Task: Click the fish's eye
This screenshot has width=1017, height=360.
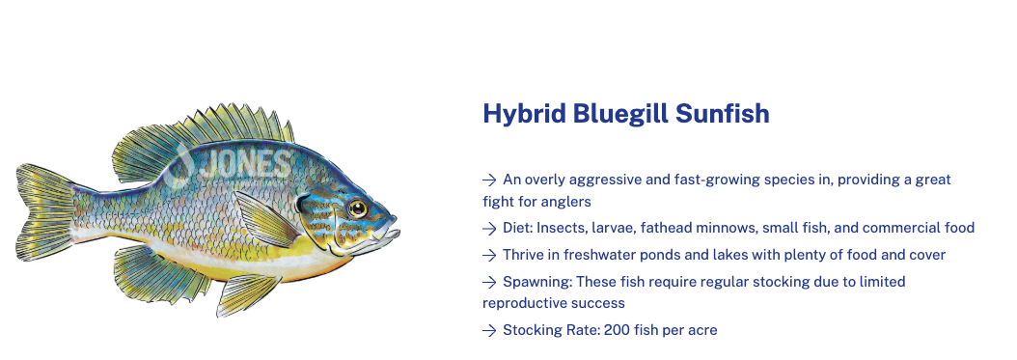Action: [357, 208]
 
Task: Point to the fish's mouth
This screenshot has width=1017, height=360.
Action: [388, 233]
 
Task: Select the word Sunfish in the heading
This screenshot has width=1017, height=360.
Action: [722, 114]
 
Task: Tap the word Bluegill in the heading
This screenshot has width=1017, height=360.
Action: [620, 115]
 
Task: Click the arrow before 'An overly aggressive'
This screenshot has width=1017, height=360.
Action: [489, 180]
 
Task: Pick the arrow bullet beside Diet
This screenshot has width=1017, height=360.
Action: [489, 229]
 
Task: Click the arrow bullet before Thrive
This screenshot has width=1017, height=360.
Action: [489, 256]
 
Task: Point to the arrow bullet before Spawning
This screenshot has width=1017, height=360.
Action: [489, 282]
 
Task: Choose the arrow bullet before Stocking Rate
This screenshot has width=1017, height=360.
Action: [489, 331]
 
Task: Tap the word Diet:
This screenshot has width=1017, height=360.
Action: [517, 228]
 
